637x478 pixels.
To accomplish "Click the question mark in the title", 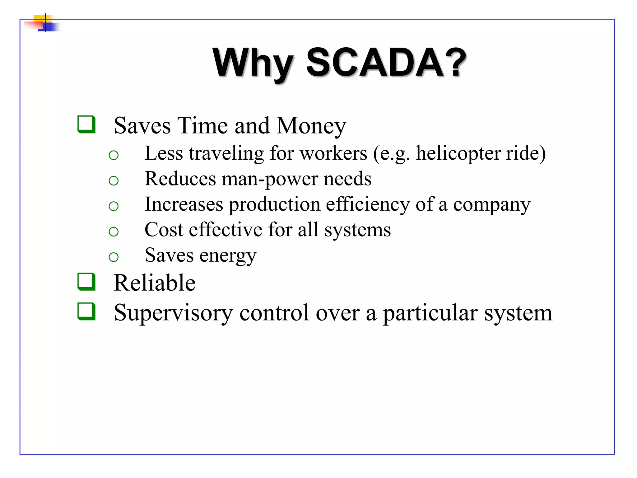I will pyautogui.click(x=455, y=62).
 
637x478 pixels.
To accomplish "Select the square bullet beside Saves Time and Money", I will pyautogui.click(x=86, y=124).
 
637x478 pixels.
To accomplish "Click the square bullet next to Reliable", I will pyautogui.click(x=86, y=282).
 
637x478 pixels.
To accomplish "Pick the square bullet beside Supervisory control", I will pyautogui.click(x=86, y=312).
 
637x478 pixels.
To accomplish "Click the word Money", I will pyautogui.click(x=311, y=126).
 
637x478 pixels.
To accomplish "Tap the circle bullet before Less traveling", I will pyautogui.click(x=114, y=155).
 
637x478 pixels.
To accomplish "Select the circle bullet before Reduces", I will pyautogui.click(x=114, y=180).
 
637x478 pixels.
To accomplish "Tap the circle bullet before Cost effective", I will pyautogui.click(x=114, y=232).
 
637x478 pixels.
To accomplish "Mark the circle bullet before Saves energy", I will pyautogui.click(x=114, y=257).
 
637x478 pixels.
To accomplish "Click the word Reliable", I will pyautogui.click(x=155, y=283).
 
